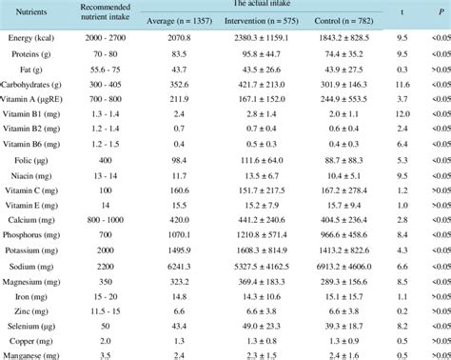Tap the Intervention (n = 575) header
click(252, 20)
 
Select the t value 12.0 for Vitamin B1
click(402, 114)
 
